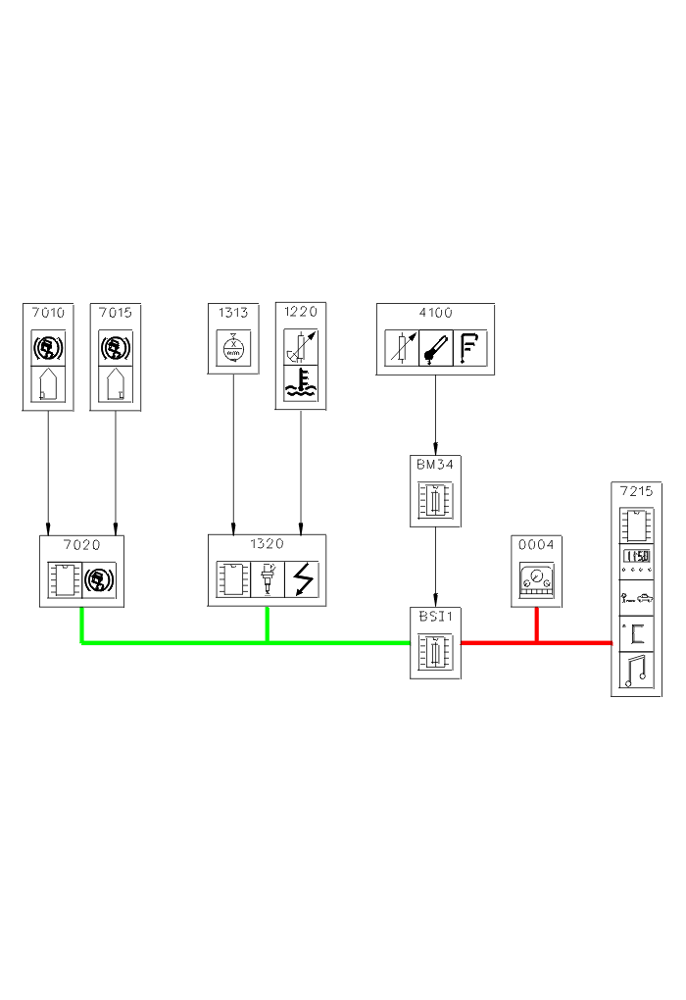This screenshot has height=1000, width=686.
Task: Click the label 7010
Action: click(x=48, y=314)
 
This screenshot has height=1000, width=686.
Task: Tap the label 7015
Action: click(x=116, y=314)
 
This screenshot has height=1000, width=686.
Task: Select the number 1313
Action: click(x=233, y=314)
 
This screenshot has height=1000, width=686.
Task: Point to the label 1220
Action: click(x=301, y=313)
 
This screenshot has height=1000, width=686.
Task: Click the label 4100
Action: click(x=435, y=314)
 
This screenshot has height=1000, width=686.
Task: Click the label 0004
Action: click(x=536, y=545)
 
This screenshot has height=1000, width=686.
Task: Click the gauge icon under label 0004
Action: click(x=536, y=581)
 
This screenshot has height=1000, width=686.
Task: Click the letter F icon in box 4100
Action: click(x=470, y=348)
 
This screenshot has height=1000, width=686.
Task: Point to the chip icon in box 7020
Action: click(x=66, y=581)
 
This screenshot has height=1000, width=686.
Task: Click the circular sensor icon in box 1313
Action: click(x=233, y=348)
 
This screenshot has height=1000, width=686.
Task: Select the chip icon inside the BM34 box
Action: click(x=435, y=499)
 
